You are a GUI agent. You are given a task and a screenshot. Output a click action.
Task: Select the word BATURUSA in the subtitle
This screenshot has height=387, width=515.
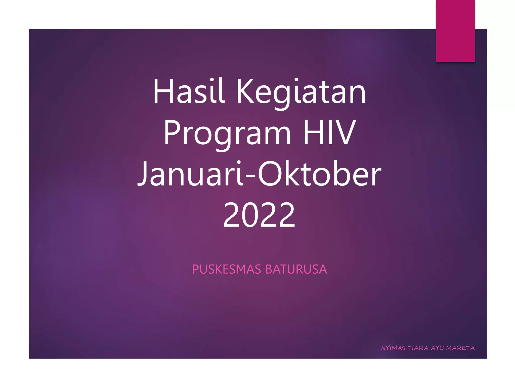click(296, 269)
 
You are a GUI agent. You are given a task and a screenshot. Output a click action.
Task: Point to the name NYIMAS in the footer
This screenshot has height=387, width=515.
click(393, 348)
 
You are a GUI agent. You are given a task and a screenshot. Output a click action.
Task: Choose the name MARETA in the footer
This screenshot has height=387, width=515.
click(460, 348)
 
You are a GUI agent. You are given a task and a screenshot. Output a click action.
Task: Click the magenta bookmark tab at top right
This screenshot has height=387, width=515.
click(455, 31)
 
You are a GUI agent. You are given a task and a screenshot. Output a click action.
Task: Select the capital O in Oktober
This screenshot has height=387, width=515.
click(270, 174)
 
